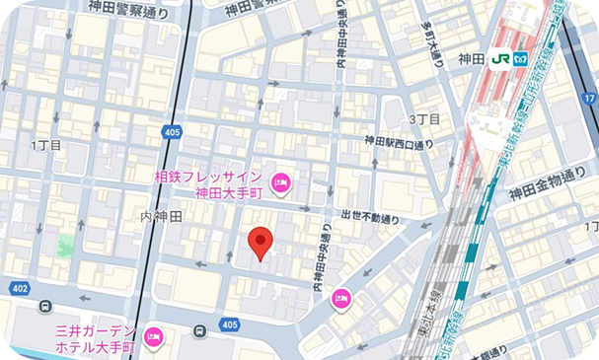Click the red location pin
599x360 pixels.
pyautogui.click(x=260, y=242)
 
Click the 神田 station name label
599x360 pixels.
pyautogui.click(x=472, y=59)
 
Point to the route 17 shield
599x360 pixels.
pyautogui.click(x=589, y=99)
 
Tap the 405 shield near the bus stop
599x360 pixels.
pyautogui.click(x=229, y=324)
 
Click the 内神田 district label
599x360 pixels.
pyautogui.click(x=161, y=215)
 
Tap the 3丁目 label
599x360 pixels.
pyautogui.click(x=423, y=119)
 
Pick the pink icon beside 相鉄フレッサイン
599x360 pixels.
pyautogui.click(x=279, y=182)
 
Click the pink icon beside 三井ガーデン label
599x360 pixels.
pyautogui.click(x=153, y=338)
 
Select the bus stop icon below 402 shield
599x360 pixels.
pyautogui.click(x=45, y=307)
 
